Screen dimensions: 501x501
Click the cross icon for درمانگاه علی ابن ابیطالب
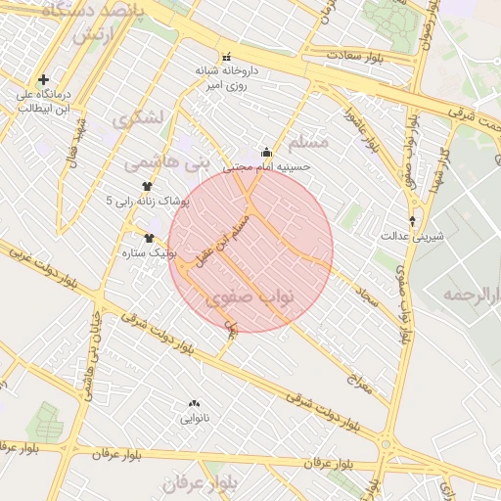pos(43,79)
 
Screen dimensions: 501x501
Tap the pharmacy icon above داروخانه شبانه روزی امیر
pos(228,56)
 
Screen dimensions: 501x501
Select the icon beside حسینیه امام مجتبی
pos(267,152)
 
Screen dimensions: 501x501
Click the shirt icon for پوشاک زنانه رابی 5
pos(147,186)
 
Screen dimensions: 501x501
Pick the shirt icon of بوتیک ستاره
pos(150,237)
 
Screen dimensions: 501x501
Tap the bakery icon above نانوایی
pos(194,403)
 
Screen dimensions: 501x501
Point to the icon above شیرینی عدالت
pos(412,220)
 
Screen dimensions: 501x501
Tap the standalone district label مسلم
pos(332,142)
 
